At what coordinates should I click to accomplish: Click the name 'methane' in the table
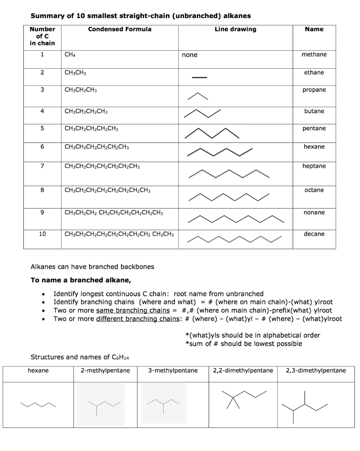[314, 54]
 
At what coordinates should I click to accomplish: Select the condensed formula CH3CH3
[75, 73]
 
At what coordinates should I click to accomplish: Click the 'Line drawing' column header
[235, 30]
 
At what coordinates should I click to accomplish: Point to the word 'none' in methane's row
[190, 55]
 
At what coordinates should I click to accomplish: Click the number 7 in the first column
[42, 166]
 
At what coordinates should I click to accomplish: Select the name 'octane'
[314, 190]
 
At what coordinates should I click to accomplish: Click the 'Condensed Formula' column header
[120, 30]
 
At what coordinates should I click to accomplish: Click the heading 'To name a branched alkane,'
[81, 280]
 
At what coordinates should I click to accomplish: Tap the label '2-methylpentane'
[105, 370]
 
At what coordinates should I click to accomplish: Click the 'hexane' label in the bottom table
[38, 370]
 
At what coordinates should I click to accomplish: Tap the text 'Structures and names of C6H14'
[80, 357]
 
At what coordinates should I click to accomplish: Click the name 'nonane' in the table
[314, 212]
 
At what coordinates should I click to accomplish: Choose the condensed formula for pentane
[91, 129]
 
